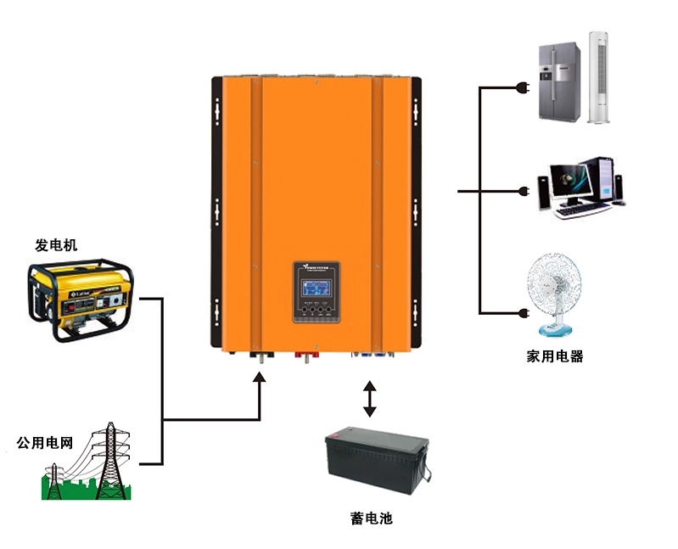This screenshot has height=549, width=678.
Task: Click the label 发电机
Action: coord(56,245)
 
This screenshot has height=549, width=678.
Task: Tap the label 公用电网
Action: coord(45,443)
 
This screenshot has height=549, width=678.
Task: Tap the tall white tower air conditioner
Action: coord(599,77)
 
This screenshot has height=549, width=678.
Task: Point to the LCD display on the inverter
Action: coord(315,285)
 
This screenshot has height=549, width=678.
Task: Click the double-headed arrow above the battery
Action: coord(369,399)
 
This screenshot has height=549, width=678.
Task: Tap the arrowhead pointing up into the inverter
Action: coord(261,375)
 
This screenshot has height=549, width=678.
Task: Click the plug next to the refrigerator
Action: coord(524,87)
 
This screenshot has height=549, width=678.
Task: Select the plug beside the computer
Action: coord(524,192)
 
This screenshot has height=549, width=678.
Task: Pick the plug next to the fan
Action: coord(524,314)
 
